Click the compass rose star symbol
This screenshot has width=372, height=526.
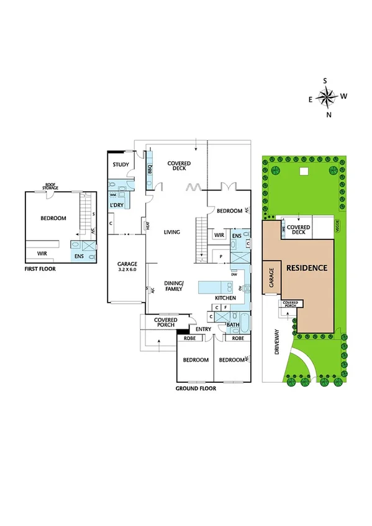pos(327,97)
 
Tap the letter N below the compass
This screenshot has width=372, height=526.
pos(329,115)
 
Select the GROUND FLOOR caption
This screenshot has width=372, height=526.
pos(196,389)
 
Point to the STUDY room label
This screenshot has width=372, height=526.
pos(120,164)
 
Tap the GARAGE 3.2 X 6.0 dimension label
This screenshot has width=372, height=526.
pos(127,267)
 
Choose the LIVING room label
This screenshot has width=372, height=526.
pos(171,233)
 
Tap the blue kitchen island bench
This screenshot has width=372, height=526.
pos(214,287)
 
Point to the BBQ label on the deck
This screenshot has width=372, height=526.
pos(150,167)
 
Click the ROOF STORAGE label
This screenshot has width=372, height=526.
pos(50,187)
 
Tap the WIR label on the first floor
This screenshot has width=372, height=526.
pos(42,253)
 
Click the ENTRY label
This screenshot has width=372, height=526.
pos(204,329)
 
